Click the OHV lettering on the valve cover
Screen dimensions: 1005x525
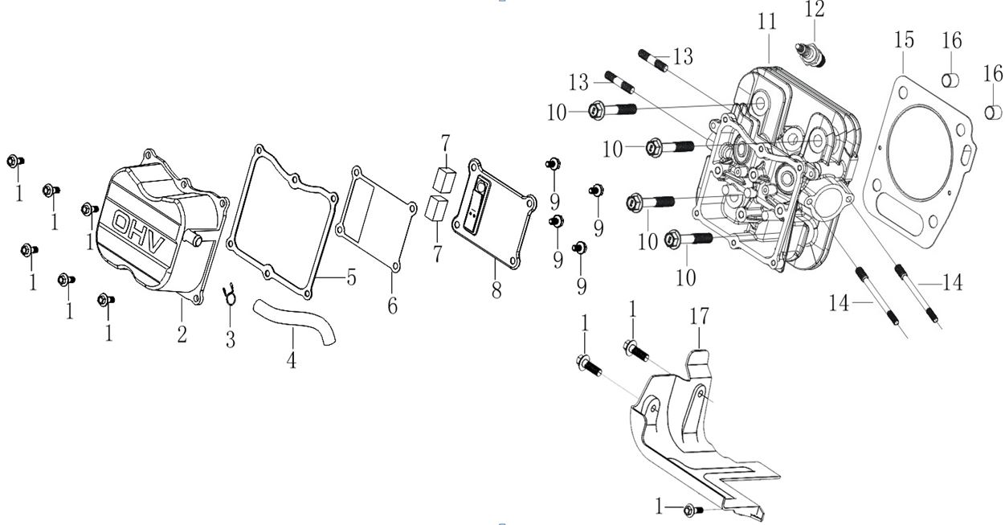(x=139, y=232)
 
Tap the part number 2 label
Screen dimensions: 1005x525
(x=182, y=334)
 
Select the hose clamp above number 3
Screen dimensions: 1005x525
(x=230, y=293)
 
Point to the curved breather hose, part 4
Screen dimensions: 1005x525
(x=295, y=320)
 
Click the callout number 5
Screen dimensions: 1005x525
(x=351, y=277)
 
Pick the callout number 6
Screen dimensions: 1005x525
(x=393, y=306)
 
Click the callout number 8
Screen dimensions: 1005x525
(x=496, y=290)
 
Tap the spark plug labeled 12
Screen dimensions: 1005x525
(x=811, y=55)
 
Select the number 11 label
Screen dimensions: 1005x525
(x=767, y=22)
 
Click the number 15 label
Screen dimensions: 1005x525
(x=904, y=39)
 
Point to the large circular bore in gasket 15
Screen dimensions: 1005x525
(x=919, y=153)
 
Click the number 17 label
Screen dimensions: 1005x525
(x=700, y=316)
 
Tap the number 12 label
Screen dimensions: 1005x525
(x=815, y=9)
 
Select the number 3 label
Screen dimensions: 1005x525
(x=231, y=339)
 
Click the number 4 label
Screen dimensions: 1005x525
(x=292, y=359)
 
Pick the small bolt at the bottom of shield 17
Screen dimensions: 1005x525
(x=693, y=511)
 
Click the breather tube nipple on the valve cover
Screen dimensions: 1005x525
(x=194, y=239)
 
